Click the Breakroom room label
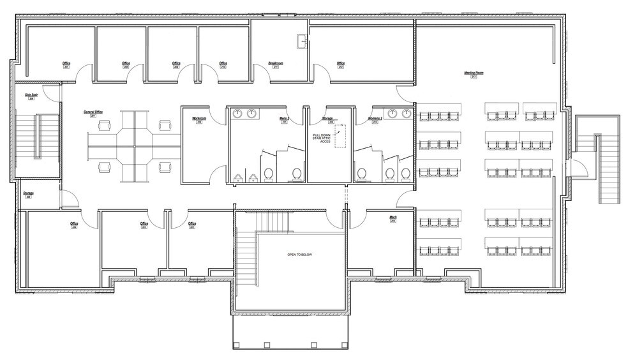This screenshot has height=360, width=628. click(276, 63)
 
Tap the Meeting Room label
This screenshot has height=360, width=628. click(474, 73)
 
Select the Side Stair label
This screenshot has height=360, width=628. click(29, 95)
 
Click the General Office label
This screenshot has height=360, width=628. click(93, 112)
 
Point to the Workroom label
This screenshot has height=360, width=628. click(198, 119)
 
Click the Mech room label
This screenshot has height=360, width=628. click(393, 218)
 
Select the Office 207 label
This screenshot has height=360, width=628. click(66, 63)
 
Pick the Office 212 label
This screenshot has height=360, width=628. click(341, 63)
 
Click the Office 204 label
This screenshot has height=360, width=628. click(75, 223)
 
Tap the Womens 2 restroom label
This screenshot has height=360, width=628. click(375, 119)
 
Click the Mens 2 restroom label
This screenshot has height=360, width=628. click(285, 119)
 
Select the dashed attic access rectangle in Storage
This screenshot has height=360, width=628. click(340, 136)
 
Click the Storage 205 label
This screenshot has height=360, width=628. click(28, 193)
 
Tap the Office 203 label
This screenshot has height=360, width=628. click(144, 223)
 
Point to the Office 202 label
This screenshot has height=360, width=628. click(191, 223)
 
